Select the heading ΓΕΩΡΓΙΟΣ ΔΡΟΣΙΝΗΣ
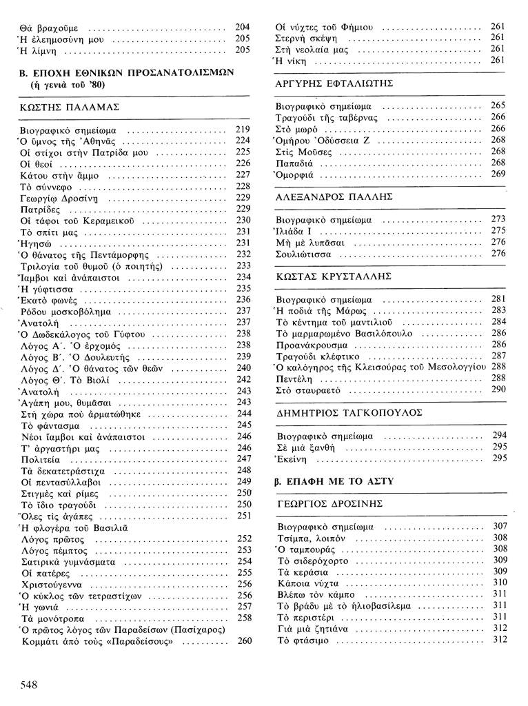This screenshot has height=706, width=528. pos(329,503)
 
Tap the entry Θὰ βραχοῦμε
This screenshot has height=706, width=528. pos(49,28)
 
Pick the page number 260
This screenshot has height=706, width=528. pos(244,641)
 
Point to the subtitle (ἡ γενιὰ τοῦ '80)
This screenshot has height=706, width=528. pos(68,85)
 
